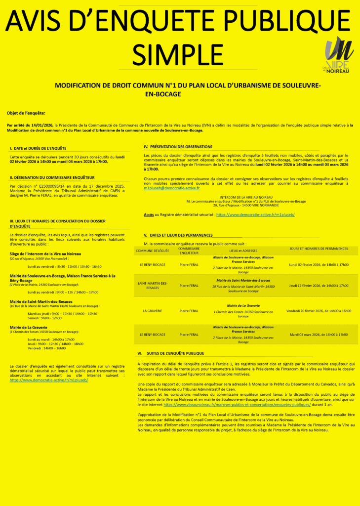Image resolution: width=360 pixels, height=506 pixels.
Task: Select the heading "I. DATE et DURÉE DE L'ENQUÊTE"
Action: pos(38,148)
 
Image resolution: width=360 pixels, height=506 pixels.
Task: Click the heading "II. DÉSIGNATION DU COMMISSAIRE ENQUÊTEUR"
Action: pos(52,177)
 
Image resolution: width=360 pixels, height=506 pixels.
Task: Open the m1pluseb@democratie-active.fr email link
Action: pos(172,188)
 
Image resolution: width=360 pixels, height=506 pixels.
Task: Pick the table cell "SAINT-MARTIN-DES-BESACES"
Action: pos(153,285)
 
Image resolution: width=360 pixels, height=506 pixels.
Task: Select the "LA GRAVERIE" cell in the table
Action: pos(153,311)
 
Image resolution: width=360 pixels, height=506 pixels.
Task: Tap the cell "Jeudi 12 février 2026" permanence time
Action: pos(319,286)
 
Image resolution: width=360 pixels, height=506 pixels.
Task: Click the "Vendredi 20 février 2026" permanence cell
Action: pos(319,311)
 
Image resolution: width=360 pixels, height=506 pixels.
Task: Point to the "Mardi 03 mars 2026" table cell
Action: pos(319,335)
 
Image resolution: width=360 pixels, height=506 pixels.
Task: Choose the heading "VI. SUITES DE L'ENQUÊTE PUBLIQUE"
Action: pos(170,353)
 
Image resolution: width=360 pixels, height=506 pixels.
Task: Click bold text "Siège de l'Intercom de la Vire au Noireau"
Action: pos(45,253)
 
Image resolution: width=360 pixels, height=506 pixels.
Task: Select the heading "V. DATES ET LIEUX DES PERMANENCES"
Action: pos(178,235)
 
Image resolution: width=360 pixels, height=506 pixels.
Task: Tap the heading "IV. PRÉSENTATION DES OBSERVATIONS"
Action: pos(178,147)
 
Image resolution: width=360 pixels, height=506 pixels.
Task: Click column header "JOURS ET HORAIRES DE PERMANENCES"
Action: pos(319,249)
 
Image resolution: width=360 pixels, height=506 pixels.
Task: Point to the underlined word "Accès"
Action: pos(149,215)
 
